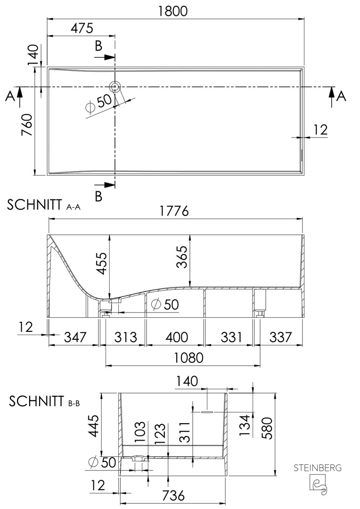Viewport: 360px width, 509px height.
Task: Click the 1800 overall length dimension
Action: [173, 11]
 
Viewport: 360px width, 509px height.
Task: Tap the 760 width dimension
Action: [27, 124]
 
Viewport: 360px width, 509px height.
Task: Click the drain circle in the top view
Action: [115, 87]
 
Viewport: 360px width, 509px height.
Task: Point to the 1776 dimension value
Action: [174, 211]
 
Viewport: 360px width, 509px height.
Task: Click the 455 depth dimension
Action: [103, 263]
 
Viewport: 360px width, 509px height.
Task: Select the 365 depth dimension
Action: [182, 257]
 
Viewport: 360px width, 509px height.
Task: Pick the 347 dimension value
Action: [75, 337]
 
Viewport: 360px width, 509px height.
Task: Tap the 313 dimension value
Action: [125, 337]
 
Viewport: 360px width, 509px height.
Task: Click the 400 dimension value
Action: [177, 337]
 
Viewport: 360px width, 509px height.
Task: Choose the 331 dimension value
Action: [231, 337]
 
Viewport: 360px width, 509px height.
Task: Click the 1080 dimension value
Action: [188, 357]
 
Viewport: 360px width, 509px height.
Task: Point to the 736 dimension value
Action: [173, 495]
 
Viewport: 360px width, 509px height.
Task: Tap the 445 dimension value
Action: [93, 426]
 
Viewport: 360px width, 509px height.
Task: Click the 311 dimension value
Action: [185, 432]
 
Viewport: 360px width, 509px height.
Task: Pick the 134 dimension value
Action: [245, 426]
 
